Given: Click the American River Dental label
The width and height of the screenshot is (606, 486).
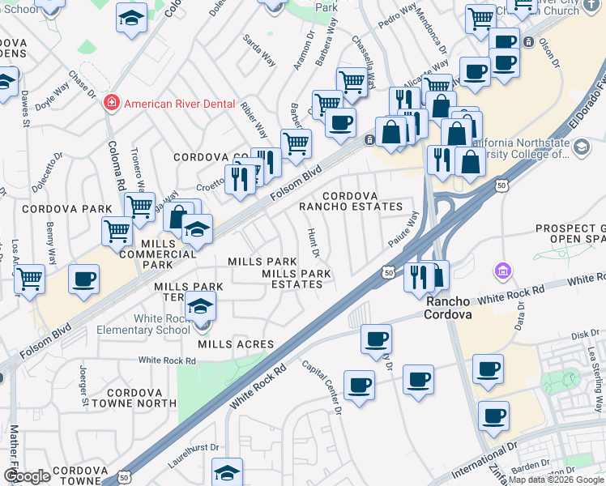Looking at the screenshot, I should [x=179, y=104].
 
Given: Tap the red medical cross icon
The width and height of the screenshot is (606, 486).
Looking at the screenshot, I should [x=111, y=104].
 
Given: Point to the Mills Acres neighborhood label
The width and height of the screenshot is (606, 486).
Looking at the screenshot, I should [x=231, y=344].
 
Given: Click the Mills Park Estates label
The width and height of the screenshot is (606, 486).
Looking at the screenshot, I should [x=297, y=279].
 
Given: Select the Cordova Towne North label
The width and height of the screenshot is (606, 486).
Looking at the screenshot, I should [x=141, y=397].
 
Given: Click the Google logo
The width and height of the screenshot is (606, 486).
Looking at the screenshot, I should [x=27, y=476].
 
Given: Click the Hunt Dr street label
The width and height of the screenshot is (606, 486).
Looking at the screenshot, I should [x=314, y=242].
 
